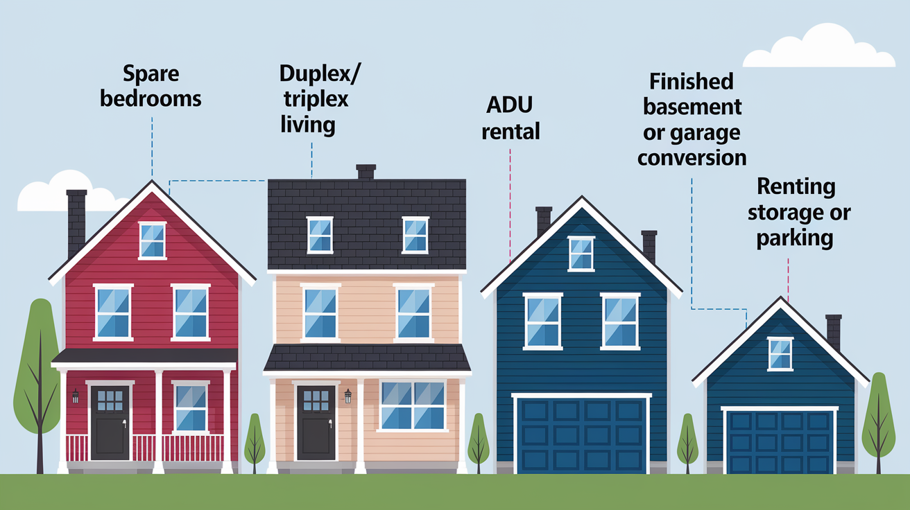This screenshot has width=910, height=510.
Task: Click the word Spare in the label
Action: (151, 74)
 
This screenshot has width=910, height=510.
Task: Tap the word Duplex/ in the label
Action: (320, 74)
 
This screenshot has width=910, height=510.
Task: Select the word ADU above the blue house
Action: (509, 105)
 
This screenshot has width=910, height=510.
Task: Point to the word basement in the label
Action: (692, 107)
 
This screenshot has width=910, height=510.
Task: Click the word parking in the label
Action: (795, 238)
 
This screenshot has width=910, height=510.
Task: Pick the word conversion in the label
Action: (692, 158)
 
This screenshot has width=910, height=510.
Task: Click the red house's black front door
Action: (110, 423)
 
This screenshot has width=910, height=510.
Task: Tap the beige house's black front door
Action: (316, 423)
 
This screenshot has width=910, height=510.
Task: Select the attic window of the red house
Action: (153, 240)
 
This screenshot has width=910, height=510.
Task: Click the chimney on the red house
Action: (77, 222)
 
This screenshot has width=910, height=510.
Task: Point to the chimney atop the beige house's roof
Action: (366, 172)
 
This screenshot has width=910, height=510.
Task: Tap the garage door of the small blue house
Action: (780, 442)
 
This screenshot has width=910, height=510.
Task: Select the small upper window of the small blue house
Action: (780, 354)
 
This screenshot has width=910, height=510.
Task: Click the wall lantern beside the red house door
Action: (75, 396)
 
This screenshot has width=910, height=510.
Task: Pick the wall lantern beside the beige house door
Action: (347, 396)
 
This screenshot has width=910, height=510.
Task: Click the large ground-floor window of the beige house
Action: (412, 406)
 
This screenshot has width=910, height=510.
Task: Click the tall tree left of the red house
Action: (38, 385)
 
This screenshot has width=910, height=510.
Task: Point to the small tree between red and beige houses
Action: (255, 443)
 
